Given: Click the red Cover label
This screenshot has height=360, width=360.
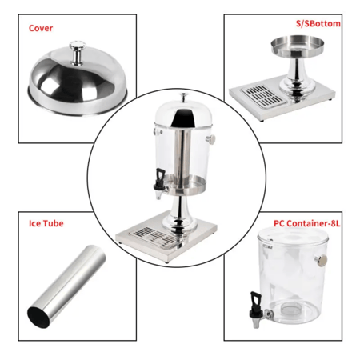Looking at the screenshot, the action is (41, 28).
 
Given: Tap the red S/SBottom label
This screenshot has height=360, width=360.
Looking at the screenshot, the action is (318, 23).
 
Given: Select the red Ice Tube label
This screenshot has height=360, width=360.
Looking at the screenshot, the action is (46, 223).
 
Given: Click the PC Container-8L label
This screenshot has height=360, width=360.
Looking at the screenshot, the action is (307, 223).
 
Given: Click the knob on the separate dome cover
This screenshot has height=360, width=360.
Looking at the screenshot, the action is (78, 53).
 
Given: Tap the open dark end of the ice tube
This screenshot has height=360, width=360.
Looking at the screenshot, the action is (38, 317).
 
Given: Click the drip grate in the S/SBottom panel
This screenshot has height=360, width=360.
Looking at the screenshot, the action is (263, 96).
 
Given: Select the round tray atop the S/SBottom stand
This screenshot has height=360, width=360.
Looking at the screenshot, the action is (298, 46).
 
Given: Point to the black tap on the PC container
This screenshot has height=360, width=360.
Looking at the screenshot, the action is (256, 305).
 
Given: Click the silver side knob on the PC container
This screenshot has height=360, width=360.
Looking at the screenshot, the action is (322, 260).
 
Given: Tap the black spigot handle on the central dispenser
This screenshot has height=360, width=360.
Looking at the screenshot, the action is (160, 178).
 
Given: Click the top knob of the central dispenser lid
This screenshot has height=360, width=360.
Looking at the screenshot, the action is (183, 97).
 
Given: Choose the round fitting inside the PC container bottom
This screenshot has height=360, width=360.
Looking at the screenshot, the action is (291, 310).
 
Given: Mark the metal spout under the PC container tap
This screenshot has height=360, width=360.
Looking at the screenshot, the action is (256, 322).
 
